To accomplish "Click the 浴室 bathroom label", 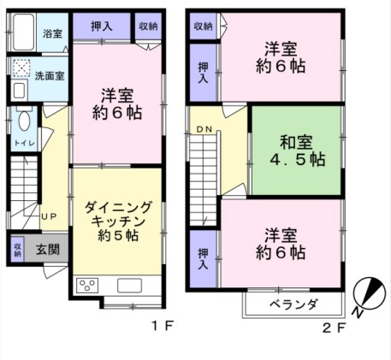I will point(52,33).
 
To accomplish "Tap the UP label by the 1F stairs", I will point(49,215).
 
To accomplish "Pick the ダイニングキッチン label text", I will point(117,218).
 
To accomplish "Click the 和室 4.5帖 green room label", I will point(295,149).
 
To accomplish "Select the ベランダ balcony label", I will point(293,304).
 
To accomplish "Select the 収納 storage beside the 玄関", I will point(17,250).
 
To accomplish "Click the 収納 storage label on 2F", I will point(203,27).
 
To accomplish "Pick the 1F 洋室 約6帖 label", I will point(116,102).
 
